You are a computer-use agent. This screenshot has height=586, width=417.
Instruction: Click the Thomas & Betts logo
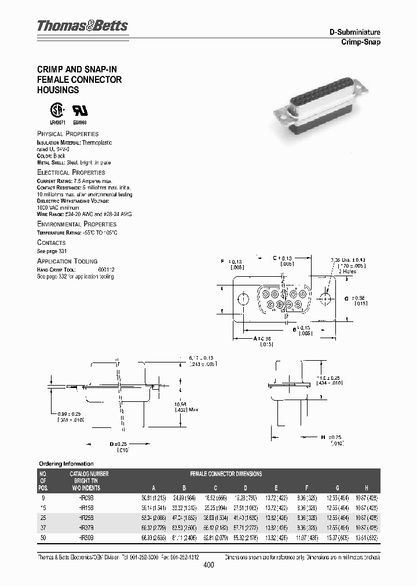[82, 26]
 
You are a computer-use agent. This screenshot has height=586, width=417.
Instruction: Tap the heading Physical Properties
[68, 134]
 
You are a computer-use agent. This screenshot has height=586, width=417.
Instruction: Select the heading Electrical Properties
[71, 173]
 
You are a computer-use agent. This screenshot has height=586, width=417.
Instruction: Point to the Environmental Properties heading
[76, 224]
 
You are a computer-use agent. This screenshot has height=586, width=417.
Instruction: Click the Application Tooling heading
[67, 261]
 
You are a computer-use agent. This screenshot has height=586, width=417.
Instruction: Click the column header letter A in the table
[153, 488]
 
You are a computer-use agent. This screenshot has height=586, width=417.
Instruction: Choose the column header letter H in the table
[366, 488]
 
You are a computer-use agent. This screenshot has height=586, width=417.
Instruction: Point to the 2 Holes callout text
[348, 271]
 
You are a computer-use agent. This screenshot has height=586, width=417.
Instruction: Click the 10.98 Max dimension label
[186, 405]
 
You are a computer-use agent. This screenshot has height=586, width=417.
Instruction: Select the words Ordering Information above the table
[65, 463]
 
